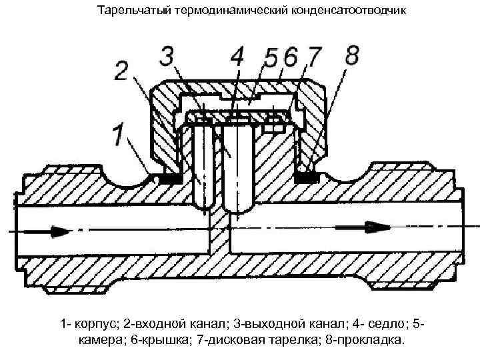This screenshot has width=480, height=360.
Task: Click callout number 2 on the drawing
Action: tap(121, 71)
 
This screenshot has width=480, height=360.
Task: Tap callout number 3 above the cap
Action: tap(170, 55)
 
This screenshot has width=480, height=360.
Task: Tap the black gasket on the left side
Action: tap(169, 179)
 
